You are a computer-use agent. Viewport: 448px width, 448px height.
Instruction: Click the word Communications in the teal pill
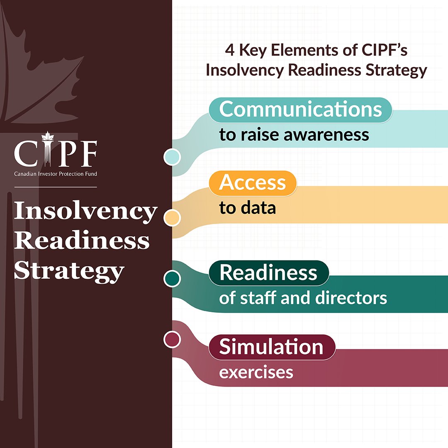(300, 110)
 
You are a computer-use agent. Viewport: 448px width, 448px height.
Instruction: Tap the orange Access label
(253, 183)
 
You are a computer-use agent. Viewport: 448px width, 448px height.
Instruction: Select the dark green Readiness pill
(268, 273)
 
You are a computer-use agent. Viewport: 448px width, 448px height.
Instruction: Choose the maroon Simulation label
(271, 347)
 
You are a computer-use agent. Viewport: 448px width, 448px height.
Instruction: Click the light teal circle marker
(172, 157)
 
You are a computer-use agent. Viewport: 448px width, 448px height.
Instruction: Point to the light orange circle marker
(172, 218)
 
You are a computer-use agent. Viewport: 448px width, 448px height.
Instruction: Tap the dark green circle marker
(172, 278)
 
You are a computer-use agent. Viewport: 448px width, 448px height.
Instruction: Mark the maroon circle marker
(172, 339)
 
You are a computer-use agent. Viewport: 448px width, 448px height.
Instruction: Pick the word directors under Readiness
(355, 298)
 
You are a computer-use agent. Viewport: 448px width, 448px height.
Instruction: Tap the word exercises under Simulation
(256, 372)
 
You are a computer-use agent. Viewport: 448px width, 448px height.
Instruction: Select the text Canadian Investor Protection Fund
(56, 174)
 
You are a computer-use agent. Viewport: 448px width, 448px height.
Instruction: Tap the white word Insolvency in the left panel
(85, 212)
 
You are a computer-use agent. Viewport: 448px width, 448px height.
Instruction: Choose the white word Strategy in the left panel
(69, 272)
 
